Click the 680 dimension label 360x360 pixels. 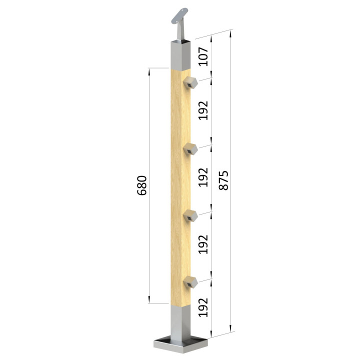tap(141, 185)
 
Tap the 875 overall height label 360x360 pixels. tap(223, 180)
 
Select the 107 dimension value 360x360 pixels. tap(203, 56)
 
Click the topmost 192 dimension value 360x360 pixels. tap(203, 110)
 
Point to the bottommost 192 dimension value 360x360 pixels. tap(203, 307)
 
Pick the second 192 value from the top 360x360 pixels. tap(203, 177)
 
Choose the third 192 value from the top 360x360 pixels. tap(203, 244)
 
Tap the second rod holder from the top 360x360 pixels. tap(190, 149)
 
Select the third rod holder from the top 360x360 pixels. tap(190, 215)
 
